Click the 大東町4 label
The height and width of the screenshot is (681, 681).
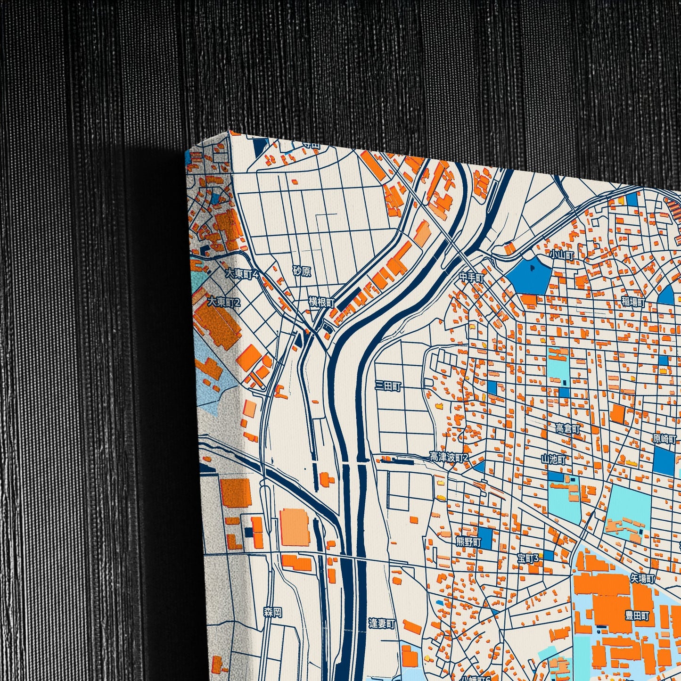[242, 274]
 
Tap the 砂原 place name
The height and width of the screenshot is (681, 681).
[302, 271]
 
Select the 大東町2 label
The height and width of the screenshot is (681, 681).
[224, 302]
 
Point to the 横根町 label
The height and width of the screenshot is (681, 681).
[321, 302]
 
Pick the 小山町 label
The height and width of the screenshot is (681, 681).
[562, 255]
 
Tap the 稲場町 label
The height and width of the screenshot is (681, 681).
[632, 302]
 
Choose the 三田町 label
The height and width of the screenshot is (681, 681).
[388, 386]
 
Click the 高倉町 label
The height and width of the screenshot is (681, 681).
[567, 428]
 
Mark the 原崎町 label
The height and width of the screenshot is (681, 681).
[665, 438]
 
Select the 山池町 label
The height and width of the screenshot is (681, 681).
[553, 459]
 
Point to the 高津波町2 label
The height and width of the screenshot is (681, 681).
[449, 457]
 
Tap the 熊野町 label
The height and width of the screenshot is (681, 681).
[468, 542]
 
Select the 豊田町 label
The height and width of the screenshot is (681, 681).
[637, 616]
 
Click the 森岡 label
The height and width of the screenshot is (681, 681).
[273, 612]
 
